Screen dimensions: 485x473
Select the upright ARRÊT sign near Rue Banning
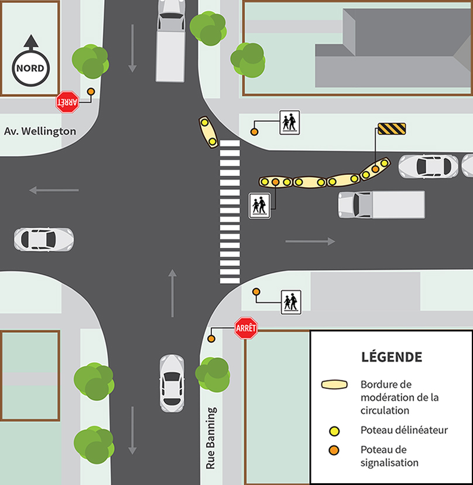coord(246,329)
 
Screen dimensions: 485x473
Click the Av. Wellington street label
coord(40,131)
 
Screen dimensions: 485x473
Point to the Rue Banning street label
coord(211,438)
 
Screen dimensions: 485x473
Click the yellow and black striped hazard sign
coord(392,129)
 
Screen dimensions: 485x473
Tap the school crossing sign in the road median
coord(259,206)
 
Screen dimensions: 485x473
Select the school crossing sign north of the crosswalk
coord(289,122)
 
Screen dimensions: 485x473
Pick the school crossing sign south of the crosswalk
coord(291,302)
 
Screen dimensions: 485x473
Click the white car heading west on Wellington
coord(44,239)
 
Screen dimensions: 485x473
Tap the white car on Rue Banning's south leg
coord(172,383)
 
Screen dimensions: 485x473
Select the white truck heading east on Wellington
coord(381,205)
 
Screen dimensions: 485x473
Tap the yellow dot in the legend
coord(335,431)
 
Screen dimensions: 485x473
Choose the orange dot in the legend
coord(335,450)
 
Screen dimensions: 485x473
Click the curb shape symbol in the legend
coord(335,385)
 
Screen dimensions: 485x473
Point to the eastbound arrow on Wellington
coord(310,241)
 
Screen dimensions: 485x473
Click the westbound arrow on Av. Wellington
coord(54,190)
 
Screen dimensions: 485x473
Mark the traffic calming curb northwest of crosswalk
coord(208,132)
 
